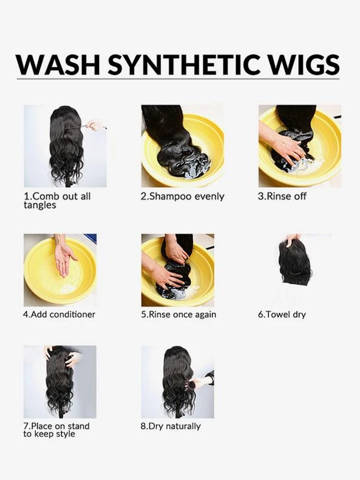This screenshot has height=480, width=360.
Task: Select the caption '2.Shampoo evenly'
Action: [x=182, y=197]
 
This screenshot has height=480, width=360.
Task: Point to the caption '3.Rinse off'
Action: [x=282, y=197]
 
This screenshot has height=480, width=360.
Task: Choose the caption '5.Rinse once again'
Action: [x=178, y=314]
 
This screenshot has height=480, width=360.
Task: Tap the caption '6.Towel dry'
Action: [x=281, y=314]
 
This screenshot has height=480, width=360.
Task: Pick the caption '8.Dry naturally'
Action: [x=170, y=426]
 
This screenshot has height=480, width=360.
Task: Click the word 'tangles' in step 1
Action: [x=40, y=205]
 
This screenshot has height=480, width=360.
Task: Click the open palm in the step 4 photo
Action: [x=64, y=259]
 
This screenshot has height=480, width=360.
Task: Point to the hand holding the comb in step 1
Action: [x=94, y=125]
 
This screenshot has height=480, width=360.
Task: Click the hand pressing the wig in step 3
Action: [x=287, y=146]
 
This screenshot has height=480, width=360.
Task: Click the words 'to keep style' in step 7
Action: [x=49, y=434]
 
